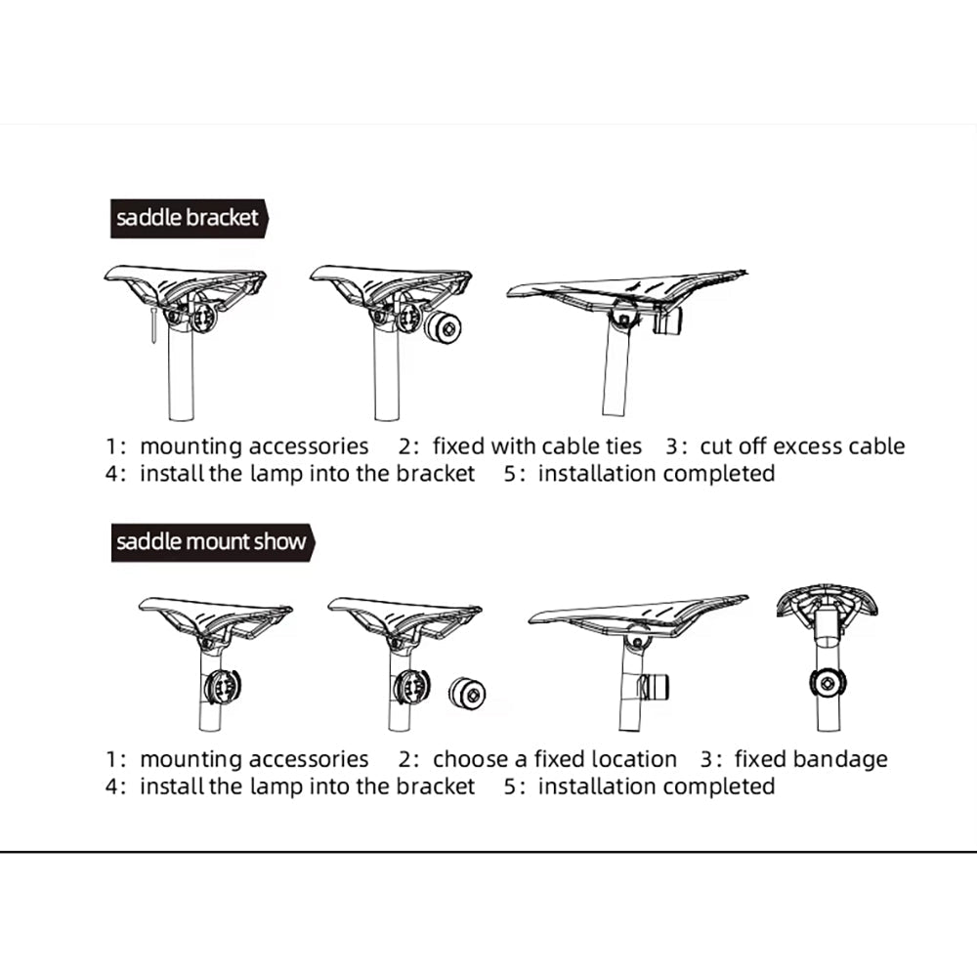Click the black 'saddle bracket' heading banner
[x=190, y=219]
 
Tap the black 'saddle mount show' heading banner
[x=212, y=542]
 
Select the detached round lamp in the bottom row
[x=467, y=694]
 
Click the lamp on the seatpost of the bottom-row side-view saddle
[x=655, y=687]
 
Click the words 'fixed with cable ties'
[x=537, y=446]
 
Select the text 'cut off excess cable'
[x=802, y=446]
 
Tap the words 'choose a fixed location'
[x=555, y=759]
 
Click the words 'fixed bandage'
[x=811, y=759]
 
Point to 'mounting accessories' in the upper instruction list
[x=254, y=446]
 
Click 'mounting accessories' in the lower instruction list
[x=254, y=759]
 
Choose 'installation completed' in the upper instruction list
[x=657, y=474]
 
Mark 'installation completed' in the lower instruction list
[x=657, y=786]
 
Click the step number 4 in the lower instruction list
[x=111, y=786]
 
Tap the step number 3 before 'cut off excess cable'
[x=672, y=446]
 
